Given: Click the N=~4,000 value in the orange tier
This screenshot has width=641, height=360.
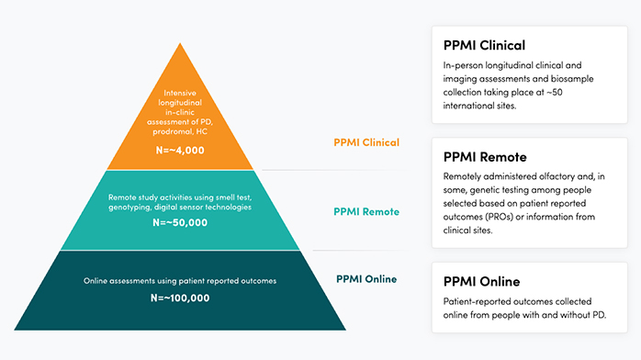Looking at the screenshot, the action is click(x=180, y=151).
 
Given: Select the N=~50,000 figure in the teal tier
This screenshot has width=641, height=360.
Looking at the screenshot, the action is click(x=180, y=222).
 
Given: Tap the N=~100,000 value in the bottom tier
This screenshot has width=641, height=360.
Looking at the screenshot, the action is click(x=180, y=298).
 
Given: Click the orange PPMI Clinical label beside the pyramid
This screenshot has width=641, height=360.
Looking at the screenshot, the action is click(x=366, y=142).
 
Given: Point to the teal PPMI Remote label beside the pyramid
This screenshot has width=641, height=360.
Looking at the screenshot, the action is click(x=366, y=211).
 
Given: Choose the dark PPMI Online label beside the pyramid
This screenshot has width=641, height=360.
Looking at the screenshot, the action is click(x=366, y=279).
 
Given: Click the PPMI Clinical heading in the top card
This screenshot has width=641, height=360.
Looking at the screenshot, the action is click(x=484, y=45).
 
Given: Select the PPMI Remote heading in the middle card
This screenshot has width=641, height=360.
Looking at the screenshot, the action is click(x=485, y=157).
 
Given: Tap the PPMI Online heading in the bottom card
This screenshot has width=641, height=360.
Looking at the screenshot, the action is click(x=481, y=282).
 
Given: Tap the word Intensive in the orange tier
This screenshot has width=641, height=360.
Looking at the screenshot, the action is click(x=180, y=93).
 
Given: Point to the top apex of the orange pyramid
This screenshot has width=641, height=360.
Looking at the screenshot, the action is click(x=180, y=43).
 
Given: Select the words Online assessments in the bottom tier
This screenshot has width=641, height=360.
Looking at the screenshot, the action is click(x=119, y=281).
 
